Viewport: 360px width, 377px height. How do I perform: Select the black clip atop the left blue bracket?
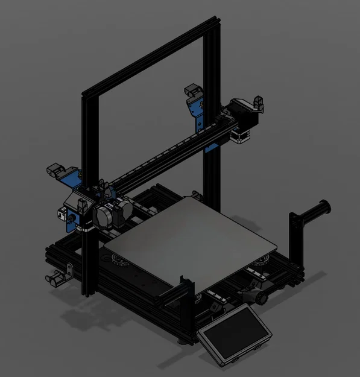[x=56, y=168]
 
